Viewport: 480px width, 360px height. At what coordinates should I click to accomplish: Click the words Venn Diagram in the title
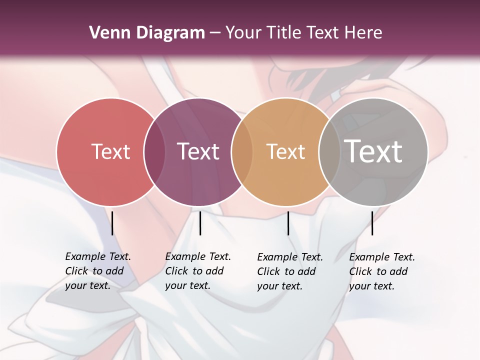pyautogui.click(x=147, y=33)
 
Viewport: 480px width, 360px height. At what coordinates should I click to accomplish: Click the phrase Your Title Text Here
pyautogui.click(x=303, y=33)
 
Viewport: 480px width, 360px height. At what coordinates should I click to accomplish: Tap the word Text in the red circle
pyautogui.click(x=110, y=151)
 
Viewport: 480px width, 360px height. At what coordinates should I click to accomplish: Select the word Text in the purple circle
pyautogui.click(x=198, y=151)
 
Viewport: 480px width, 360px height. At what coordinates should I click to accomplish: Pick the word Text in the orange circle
pyautogui.click(x=285, y=151)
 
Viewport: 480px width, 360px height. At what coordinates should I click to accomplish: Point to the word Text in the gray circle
pyautogui.click(x=373, y=151)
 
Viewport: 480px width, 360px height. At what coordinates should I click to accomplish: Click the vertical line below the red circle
pyautogui.click(x=112, y=223)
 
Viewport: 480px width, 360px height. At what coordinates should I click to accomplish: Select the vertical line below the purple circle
pyautogui.click(x=200, y=223)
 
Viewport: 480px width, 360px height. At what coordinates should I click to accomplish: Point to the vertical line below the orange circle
pyautogui.click(x=288, y=223)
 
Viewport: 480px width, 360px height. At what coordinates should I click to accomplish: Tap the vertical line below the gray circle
pyautogui.click(x=372, y=223)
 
